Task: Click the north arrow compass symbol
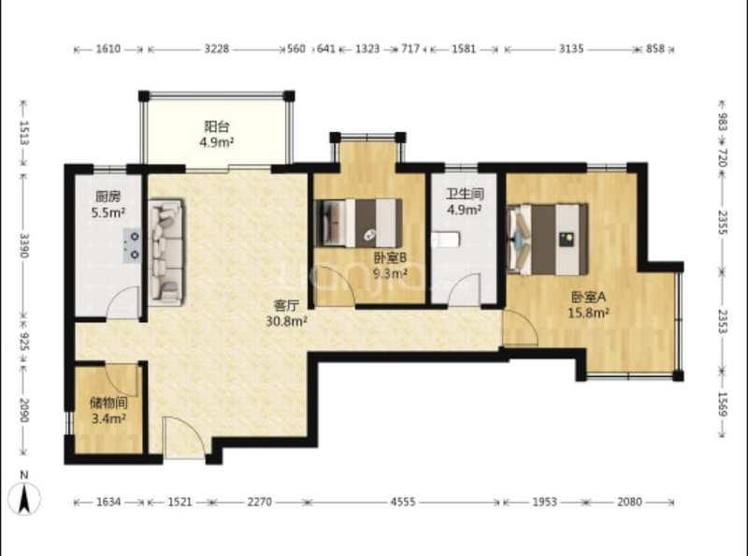24,498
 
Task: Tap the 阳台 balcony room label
217,127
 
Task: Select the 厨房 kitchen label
108,197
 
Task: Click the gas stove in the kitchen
132,245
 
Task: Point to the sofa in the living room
166,252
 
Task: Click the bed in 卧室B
358,223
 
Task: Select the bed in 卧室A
547,240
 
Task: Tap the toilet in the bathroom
446,240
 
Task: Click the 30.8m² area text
286,321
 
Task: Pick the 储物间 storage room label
108,403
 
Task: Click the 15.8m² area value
588,314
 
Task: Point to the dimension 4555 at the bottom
403,502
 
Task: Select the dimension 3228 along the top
217,49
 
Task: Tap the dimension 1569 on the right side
722,404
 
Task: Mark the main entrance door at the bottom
183,437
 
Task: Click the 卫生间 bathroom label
465,194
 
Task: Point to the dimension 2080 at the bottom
629,502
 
